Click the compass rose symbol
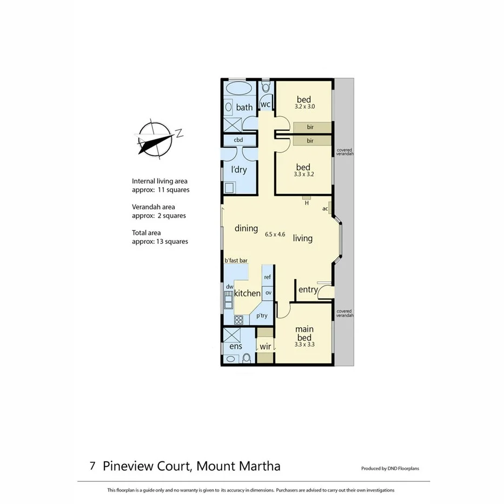tap(156, 138)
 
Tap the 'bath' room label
tap(244, 107)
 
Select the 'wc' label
tap(266, 104)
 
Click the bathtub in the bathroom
tap(238, 89)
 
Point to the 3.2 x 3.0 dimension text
tap(304, 107)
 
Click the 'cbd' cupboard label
tap(238, 140)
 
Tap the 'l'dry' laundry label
tap(238, 169)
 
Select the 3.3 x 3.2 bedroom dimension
tap(303, 175)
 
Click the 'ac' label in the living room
tap(325, 209)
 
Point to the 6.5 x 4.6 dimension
tap(275, 234)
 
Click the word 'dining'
tap(246, 228)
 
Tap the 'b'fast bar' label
tap(236, 261)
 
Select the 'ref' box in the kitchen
tap(267, 277)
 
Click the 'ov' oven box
tap(268, 293)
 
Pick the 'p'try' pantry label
tap(262, 316)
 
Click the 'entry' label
tap(308, 290)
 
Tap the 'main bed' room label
tap(303, 333)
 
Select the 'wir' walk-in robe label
tap(265, 346)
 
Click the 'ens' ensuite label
tap(235, 346)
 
